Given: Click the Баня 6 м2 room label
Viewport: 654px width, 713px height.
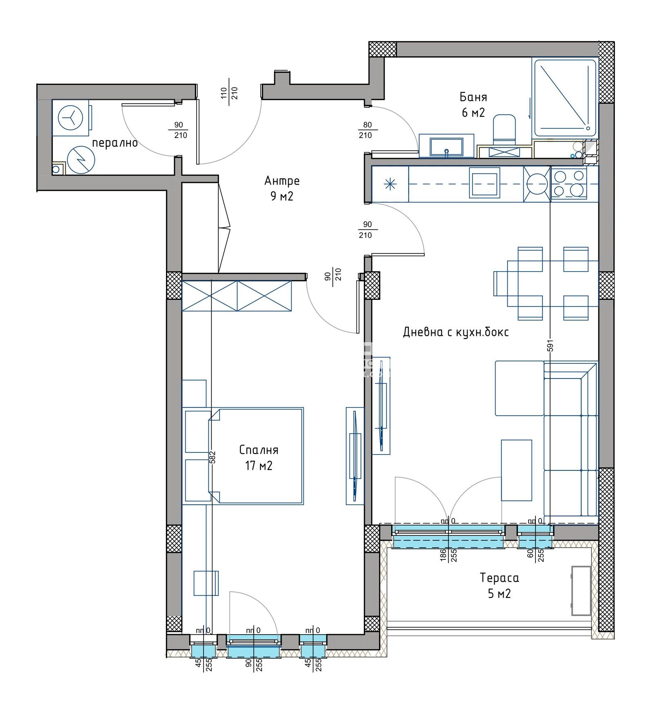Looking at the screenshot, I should click(473, 105).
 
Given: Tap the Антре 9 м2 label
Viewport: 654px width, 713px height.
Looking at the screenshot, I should click(282, 188).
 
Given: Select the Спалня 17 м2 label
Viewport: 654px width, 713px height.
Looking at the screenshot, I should click(258, 457).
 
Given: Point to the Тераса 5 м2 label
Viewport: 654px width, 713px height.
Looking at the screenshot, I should click(499, 585).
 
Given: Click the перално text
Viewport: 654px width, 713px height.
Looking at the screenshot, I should click(114, 143).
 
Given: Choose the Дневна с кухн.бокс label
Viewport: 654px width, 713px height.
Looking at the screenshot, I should click(456, 332).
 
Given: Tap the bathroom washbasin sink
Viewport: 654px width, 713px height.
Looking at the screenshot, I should click(446, 146).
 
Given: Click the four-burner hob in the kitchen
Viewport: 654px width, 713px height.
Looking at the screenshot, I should click(569, 183).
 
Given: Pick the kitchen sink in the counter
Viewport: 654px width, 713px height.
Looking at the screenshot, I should click(484, 183).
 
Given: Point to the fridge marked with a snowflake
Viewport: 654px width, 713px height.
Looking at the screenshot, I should click(390, 184).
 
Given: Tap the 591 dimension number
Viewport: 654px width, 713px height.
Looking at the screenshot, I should click(550, 345).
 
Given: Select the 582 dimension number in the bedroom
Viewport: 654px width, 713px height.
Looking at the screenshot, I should click(212, 457).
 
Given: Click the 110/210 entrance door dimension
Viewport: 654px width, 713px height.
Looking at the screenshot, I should click(229, 93).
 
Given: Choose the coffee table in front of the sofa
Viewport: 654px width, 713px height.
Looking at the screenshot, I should click(516, 470).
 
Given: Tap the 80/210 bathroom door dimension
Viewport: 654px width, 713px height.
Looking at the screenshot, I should click(365, 130).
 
